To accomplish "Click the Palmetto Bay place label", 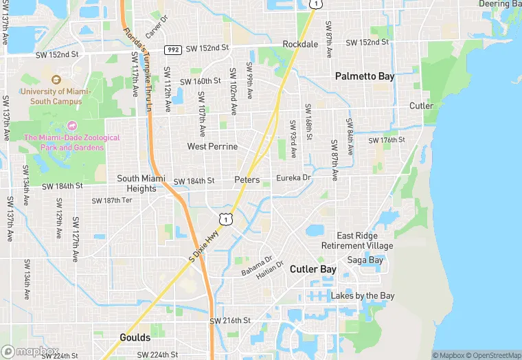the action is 365,76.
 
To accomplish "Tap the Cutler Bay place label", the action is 313,269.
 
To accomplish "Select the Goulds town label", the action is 135,338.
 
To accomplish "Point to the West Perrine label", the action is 212,146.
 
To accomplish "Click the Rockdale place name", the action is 300,44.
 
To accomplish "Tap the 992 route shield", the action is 172,49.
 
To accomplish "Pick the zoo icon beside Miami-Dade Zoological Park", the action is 72,126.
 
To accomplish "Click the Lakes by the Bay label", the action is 363,296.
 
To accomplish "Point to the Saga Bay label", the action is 365,260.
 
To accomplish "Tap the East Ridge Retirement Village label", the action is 357,240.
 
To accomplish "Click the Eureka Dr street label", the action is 293,177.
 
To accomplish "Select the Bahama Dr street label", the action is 257,266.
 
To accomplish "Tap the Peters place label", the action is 247,180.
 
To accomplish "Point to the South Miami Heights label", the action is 137,183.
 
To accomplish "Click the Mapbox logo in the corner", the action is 30,351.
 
